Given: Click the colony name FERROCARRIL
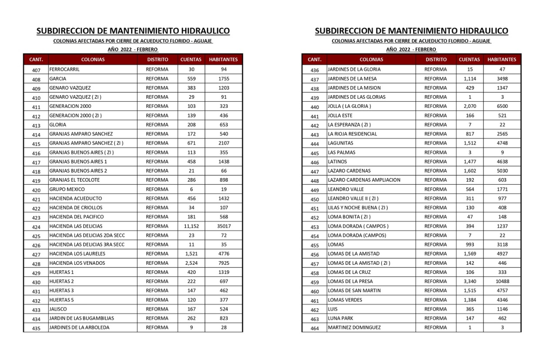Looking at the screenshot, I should (64, 70).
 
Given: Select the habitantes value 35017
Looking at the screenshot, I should (224, 226).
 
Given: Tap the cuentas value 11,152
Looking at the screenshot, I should (191, 226).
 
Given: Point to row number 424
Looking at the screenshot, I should (36, 227).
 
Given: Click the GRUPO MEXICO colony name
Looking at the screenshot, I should (67, 190).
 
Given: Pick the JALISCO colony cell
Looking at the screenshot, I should (58, 309).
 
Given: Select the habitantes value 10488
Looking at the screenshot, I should (502, 281).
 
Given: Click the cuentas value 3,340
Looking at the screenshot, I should (470, 281).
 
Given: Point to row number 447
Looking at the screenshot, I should (315, 172).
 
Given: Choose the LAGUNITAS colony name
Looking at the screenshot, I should (341, 143).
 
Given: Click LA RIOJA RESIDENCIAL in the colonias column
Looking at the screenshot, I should (352, 134).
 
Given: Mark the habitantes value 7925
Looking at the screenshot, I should (224, 263).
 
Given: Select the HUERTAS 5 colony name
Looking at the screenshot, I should (61, 300).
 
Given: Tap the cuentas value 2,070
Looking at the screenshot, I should (470, 106).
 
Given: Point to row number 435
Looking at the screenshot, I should (36, 328).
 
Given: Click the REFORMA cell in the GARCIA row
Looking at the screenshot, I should (157, 79).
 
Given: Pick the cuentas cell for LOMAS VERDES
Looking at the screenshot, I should (470, 300).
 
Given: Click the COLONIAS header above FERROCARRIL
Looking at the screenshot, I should (93, 60).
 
